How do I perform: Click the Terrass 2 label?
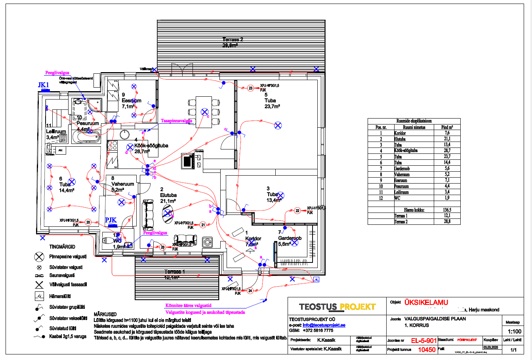[x=233, y=39]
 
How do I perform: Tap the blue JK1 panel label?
[x=43, y=85]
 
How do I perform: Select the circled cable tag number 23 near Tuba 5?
[x=250, y=88]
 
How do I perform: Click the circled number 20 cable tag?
[x=88, y=222]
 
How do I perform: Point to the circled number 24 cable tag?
[x=250, y=291]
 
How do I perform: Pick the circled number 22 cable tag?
[x=297, y=211]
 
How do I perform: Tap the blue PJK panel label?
[x=111, y=220]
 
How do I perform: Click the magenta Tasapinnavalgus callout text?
[x=176, y=121]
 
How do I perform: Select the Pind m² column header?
[x=447, y=127]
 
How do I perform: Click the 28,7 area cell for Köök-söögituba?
[x=447, y=151]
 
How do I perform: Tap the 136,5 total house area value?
[x=447, y=210]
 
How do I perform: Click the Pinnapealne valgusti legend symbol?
[x=39, y=257]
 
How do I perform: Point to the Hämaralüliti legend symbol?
[x=39, y=296]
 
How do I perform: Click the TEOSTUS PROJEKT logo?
[x=337, y=306]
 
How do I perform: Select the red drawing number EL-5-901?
[x=423, y=341]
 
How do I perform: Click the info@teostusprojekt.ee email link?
[x=324, y=325]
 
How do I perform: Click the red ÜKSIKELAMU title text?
[x=426, y=302]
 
